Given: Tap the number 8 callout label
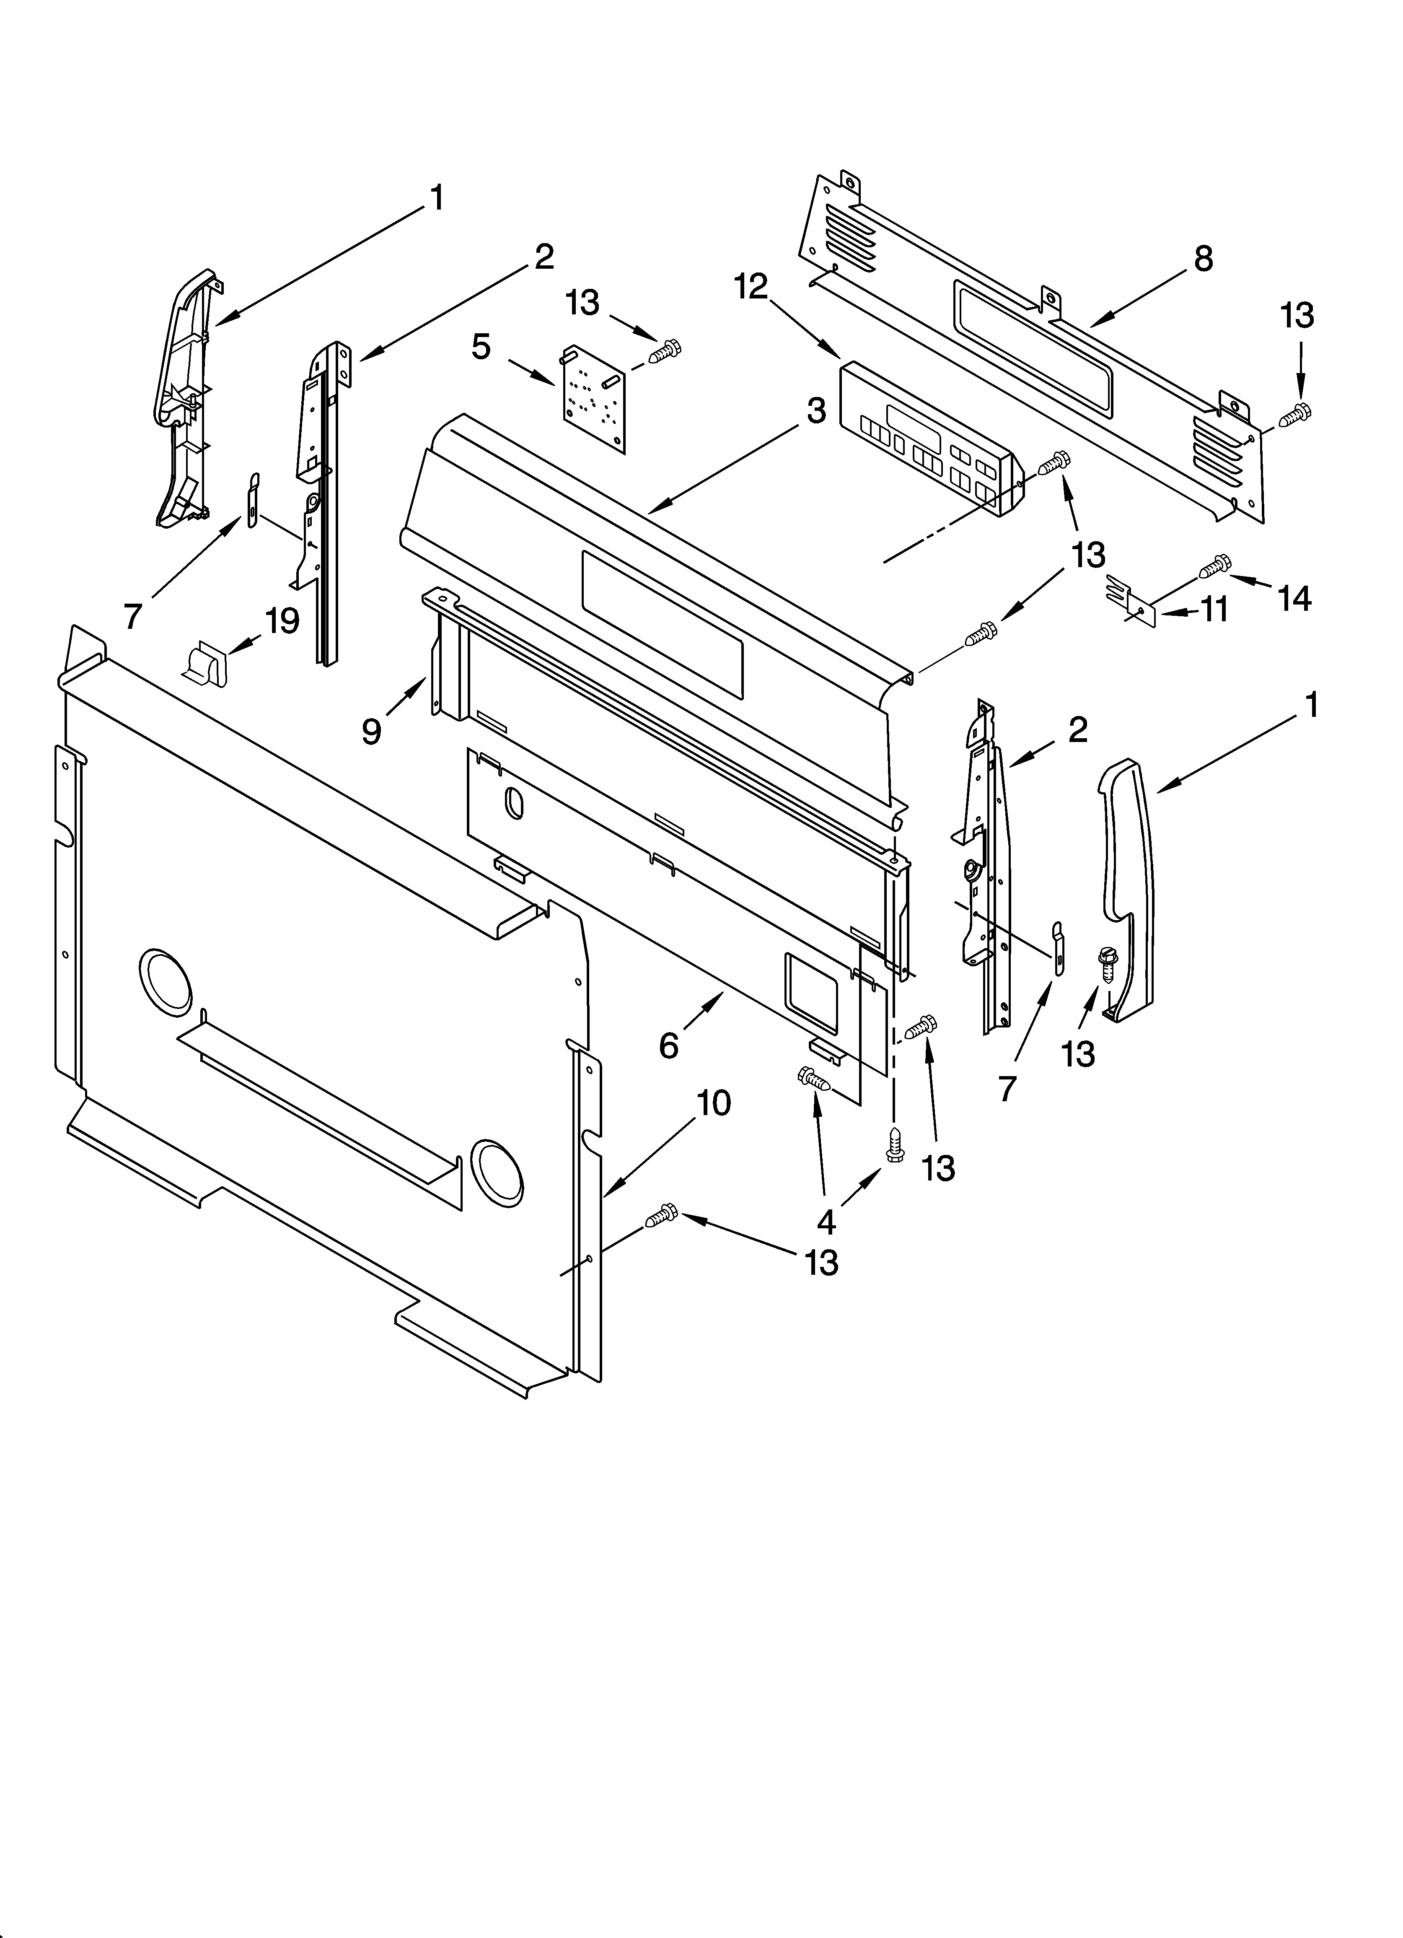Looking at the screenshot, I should coord(1203,258).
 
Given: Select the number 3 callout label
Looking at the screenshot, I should coord(817,411).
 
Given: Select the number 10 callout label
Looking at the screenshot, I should coord(714,1103).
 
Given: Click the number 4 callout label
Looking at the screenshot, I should coord(826,1223).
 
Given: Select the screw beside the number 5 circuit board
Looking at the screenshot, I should coord(664,351).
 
